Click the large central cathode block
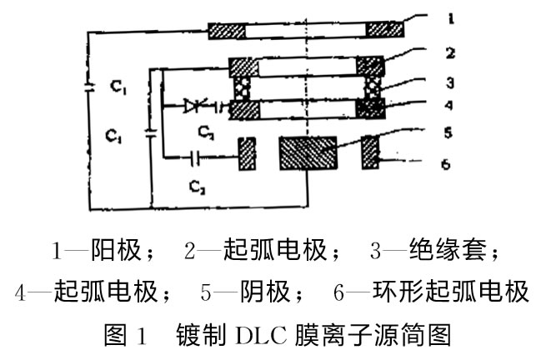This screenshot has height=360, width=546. (x=308, y=155)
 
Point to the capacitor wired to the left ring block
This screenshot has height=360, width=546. (x=195, y=155)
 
